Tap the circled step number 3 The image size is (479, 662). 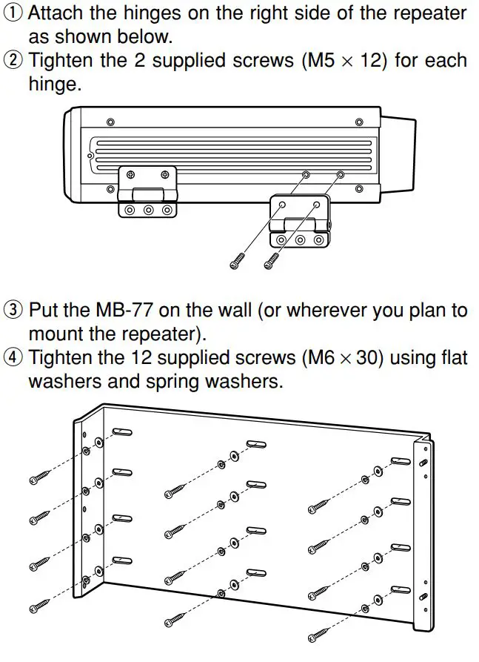pyautogui.click(x=13, y=310)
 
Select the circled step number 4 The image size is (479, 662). pyautogui.click(x=13, y=359)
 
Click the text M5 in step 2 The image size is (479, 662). pyautogui.click(x=316, y=61)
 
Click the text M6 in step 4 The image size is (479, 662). pyautogui.click(x=316, y=359)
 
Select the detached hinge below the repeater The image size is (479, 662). pyautogui.click(x=300, y=221)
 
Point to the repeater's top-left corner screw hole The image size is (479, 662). pyautogui.click(x=110, y=122)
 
